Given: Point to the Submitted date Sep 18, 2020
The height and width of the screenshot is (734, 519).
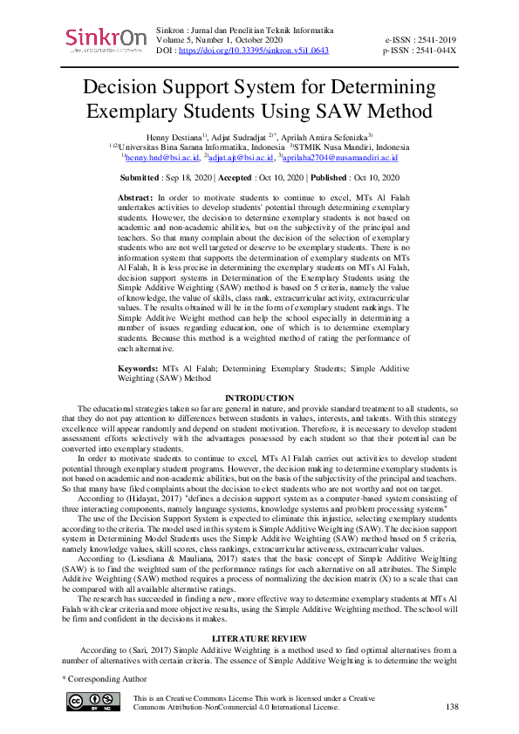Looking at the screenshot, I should (x=187, y=177).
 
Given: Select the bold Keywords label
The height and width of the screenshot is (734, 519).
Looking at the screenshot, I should (x=140, y=370).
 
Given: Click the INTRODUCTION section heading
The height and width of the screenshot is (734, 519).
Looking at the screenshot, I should (x=259, y=398).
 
